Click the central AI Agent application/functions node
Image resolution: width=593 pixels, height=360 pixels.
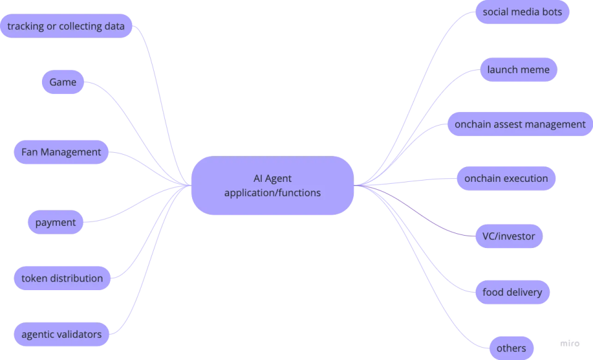click(272, 186)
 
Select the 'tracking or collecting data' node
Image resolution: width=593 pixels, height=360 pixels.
click(66, 26)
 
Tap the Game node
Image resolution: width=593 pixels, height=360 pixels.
click(63, 82)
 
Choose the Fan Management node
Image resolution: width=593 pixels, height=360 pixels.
click(61, 152)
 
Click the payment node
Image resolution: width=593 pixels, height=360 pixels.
click(56, 222)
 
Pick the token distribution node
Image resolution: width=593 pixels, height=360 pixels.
click(62, 278)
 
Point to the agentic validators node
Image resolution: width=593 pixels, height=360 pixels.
click(62, 334)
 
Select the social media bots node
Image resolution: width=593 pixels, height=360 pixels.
click(523, 12)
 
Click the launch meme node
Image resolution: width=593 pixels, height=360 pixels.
click(518, 70)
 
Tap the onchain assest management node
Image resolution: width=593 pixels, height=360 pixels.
click(520, 124)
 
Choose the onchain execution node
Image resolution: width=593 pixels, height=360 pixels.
click(506, 178)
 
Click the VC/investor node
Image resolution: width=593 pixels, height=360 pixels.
click(508, 236)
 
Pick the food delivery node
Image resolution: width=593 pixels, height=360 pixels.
click(513, 292)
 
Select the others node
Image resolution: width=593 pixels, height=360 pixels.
click(511, 348)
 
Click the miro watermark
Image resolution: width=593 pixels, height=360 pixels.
click(570, 343)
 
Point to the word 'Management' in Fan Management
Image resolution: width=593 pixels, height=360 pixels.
click(70, 152)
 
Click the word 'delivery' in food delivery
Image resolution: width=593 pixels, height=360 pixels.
click(525, 293)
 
